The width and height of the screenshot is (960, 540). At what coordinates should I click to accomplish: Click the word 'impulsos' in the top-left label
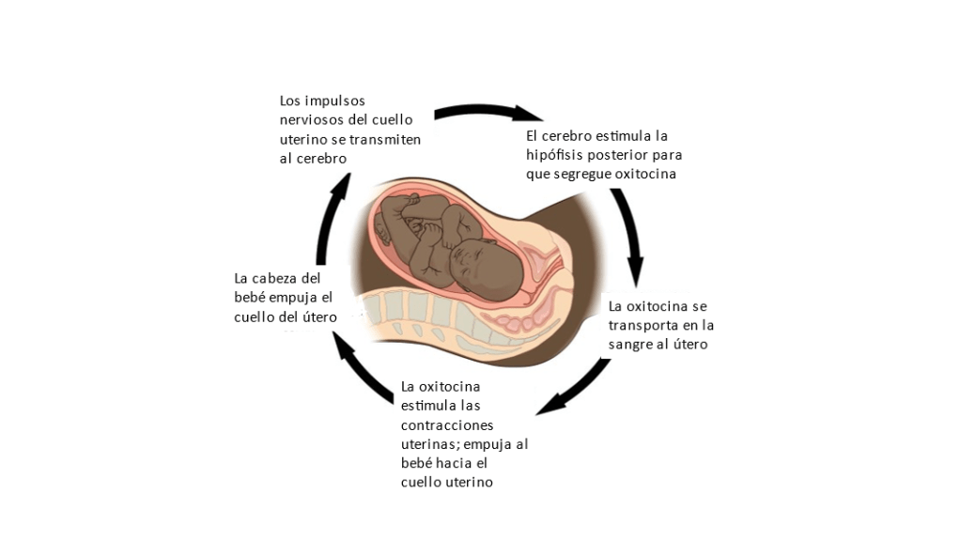tap(335, 100)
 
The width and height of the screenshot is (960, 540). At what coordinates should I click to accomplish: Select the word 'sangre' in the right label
tap(633, 345)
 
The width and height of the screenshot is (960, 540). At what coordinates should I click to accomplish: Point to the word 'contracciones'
tap(448, 424)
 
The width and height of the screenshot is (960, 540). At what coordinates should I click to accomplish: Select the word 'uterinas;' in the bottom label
tap(430, 443)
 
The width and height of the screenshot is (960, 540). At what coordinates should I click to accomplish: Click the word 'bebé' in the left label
tap(252, 298)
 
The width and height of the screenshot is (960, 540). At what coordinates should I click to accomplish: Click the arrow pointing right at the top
tap(488, 113)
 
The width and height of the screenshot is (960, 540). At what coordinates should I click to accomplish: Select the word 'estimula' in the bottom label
tap(428, 405)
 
